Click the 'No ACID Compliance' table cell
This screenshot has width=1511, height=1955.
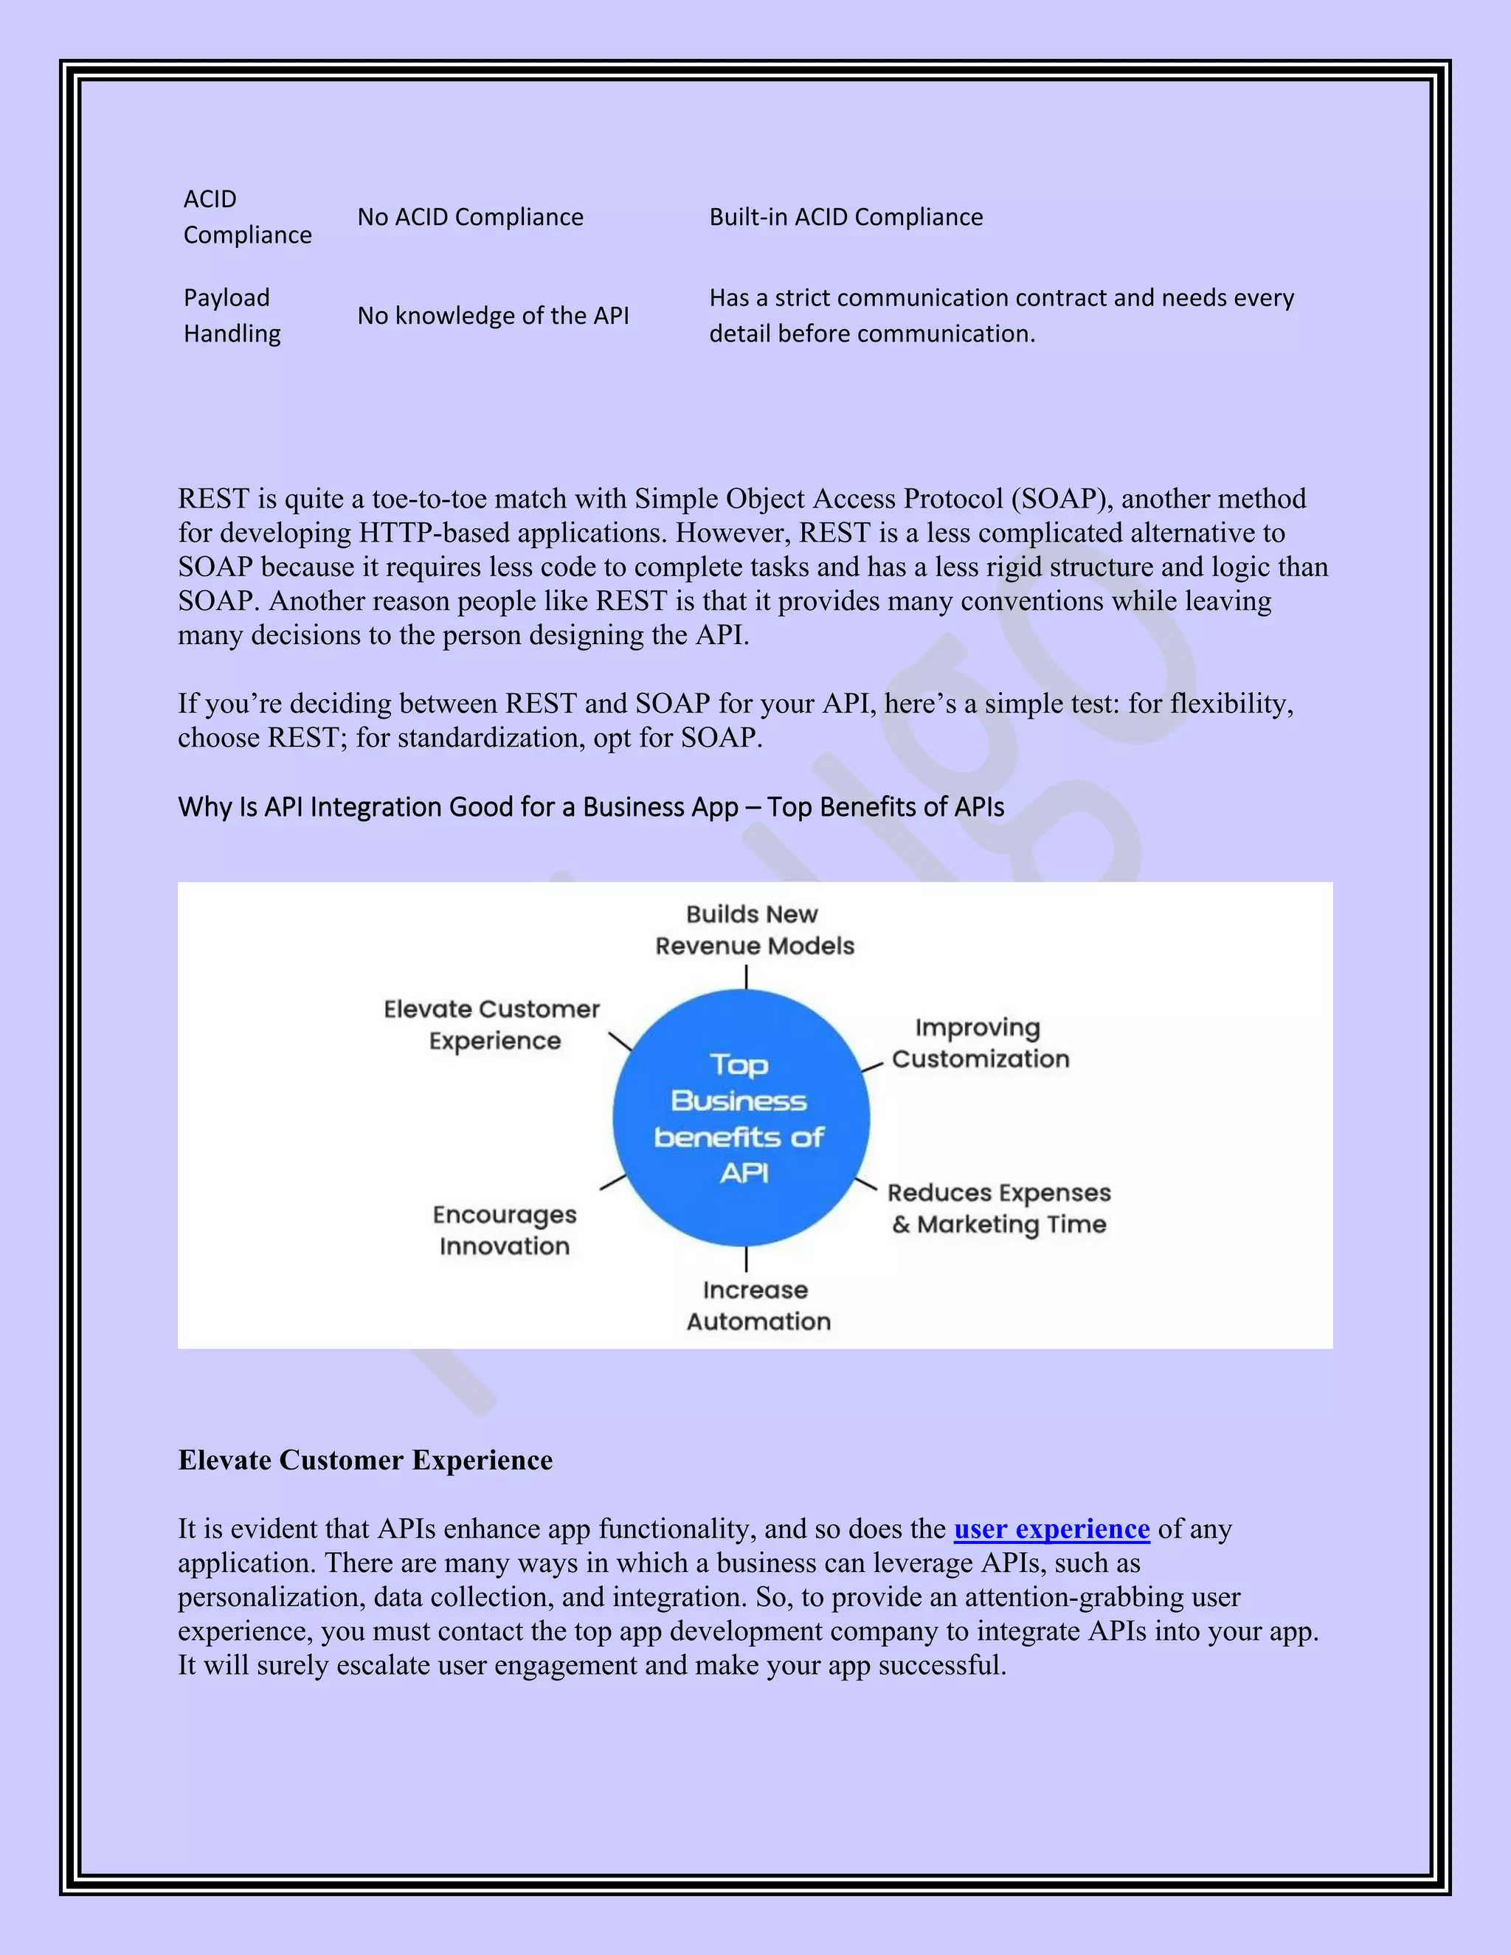tap(470, 218)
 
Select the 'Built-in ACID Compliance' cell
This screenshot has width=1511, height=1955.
tap(846, 218)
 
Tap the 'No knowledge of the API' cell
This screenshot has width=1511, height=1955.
tap(494, 316)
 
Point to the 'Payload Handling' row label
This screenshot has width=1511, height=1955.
tap(232, 315)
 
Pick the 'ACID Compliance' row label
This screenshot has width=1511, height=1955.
tap(247, 217)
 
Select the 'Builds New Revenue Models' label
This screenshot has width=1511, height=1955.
tap(754, 930)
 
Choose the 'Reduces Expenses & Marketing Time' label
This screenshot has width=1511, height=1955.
tap(999, 1208)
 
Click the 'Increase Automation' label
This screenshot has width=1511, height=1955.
tap(757, 1305)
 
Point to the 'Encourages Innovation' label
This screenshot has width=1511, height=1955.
tap(504, 1230)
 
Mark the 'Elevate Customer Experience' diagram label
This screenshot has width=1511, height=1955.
tap(492, 1025)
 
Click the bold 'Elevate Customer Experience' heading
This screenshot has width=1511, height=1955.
tap(365, 1461)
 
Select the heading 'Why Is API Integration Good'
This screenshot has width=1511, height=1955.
tap(591, 807)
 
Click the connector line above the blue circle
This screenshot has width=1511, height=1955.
tap(746, 977)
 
